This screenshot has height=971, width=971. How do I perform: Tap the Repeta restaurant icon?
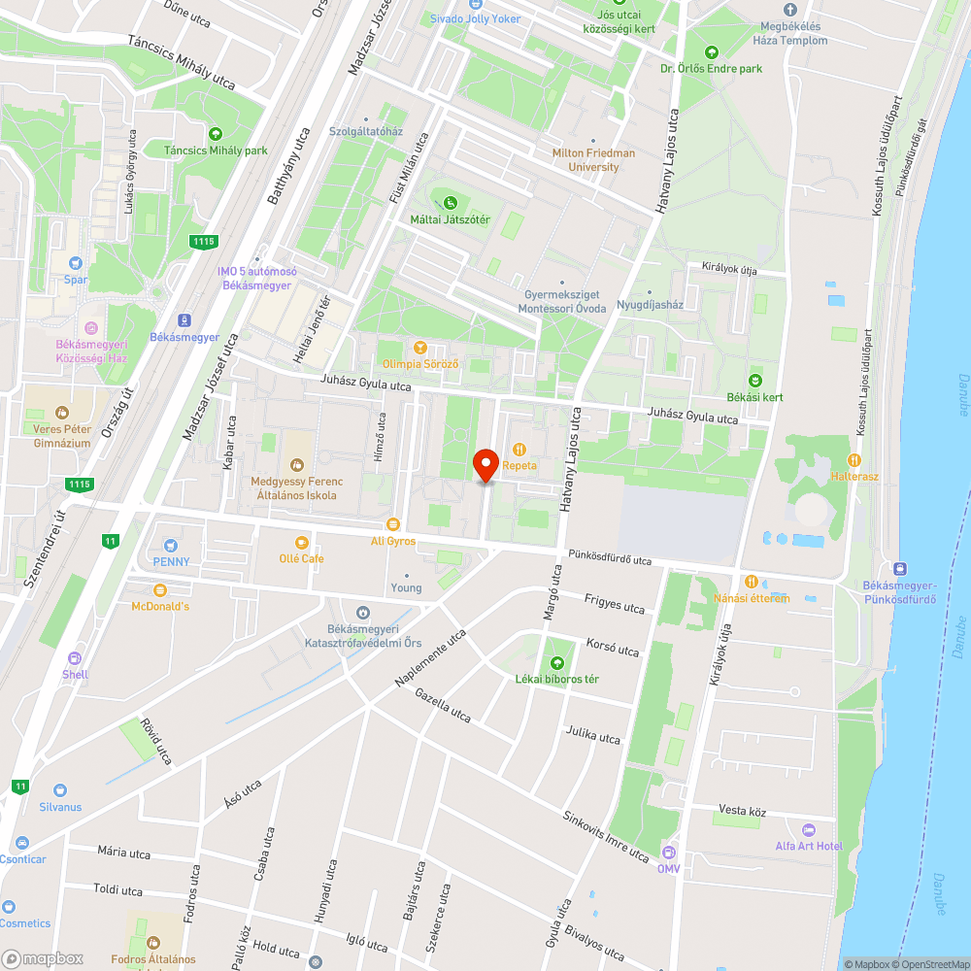[x=519, y=450]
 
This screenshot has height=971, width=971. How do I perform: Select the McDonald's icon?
[x=160, y=589]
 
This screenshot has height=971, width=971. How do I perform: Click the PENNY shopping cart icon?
[x=171, y=546]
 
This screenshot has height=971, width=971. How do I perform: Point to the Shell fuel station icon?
[x=75, y=658]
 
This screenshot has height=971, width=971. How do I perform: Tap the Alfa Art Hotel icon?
[x=809, y=830]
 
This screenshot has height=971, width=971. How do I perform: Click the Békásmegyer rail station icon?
[x=184, y=320]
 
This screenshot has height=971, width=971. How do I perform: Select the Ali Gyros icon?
[x=393, y=524]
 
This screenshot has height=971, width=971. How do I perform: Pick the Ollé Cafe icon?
[x=301, y=542]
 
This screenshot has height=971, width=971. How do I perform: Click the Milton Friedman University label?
[x=593, y=160]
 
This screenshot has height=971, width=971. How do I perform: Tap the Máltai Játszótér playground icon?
[x=450, y=203]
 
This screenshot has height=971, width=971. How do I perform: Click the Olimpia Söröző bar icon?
[x=420, y=347]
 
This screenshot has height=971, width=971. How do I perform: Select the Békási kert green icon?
[x=755, y=381]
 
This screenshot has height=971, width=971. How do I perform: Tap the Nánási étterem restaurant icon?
[x=751, y=582]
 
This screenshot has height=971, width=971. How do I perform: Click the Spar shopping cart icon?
[x=76, y=263]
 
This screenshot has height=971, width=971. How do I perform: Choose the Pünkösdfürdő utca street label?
[x=611, y=559]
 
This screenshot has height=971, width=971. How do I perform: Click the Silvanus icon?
[x=60, y=791]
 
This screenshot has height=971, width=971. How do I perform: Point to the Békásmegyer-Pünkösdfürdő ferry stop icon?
[x=899, y=569]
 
